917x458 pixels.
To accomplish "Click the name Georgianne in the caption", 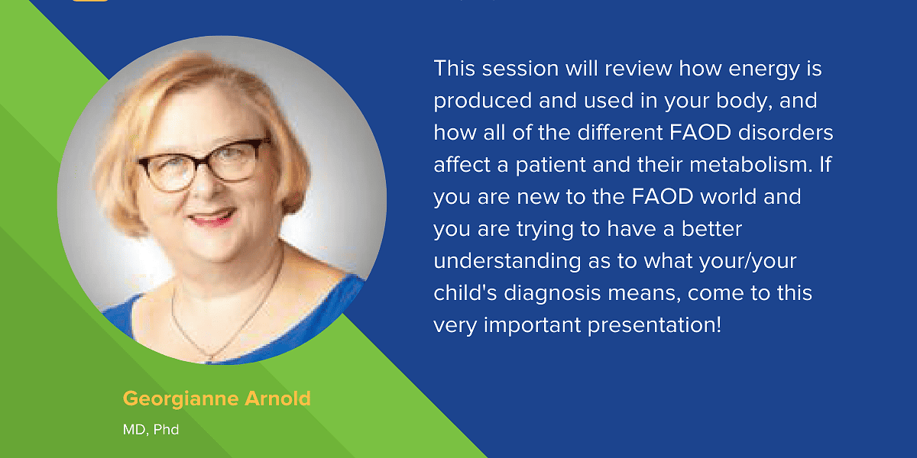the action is (180, 399).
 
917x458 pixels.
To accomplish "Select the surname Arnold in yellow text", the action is (277, 398).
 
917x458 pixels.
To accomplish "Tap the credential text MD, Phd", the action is (151, 430).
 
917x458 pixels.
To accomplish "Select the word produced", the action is (482, 100).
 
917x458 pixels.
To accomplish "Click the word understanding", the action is (507, 262).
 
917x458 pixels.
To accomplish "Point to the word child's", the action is (465, 293).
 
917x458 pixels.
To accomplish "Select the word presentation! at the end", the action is (654, 326).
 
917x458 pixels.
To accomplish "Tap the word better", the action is (711, 228).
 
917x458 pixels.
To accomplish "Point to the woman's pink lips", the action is (212, 217).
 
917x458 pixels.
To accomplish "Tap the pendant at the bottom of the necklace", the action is (209, 359).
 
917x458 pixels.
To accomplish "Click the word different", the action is (620, 133).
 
